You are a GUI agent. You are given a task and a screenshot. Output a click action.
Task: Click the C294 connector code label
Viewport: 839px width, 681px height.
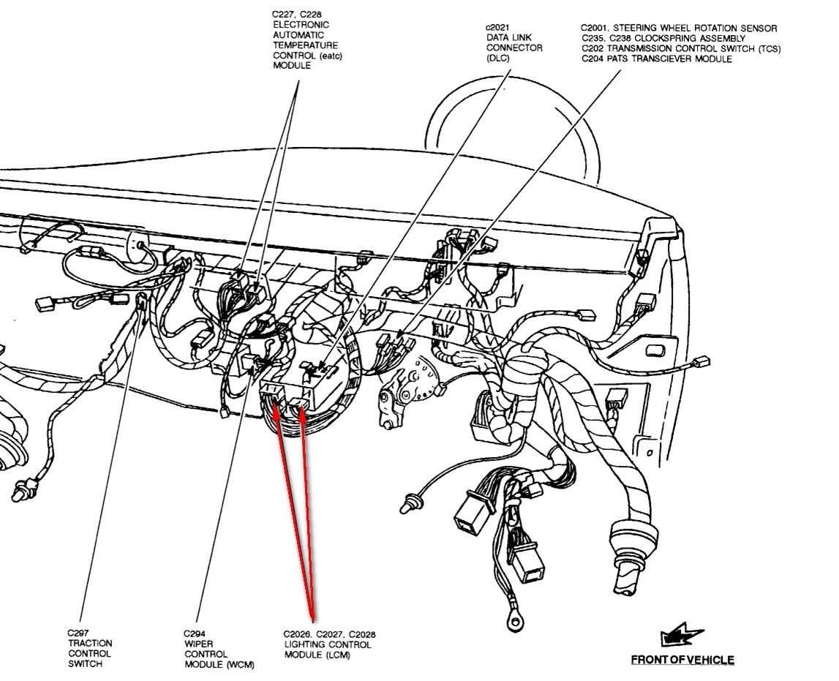pos(195,633)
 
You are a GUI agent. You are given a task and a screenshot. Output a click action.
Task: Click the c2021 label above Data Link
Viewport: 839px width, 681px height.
pos(498,28)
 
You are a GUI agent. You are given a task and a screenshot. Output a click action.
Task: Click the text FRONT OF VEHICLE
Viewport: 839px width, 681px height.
pos(682,660)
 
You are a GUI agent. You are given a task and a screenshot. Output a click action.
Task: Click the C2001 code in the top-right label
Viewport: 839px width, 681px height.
pos(598,29)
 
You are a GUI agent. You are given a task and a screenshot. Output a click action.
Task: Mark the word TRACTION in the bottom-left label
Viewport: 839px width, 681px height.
pos(91,644)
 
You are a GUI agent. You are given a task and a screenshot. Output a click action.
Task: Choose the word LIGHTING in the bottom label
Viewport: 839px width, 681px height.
pos(306,644)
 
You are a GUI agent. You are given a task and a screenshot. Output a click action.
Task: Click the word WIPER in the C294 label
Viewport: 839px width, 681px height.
pos(197,644)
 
